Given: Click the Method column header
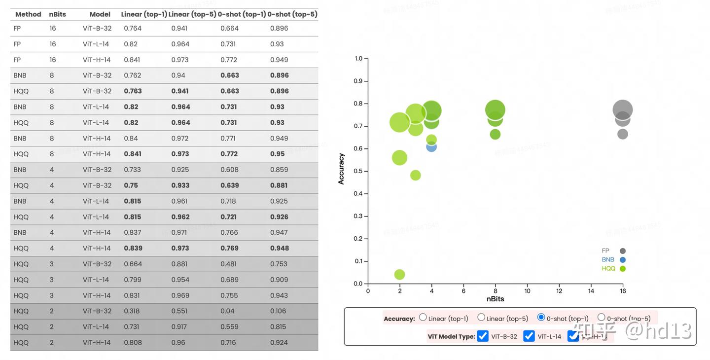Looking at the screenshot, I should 28,14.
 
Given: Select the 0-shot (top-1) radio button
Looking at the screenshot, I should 541,318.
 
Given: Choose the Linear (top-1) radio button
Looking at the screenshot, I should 423,318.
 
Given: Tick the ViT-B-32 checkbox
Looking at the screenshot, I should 483,336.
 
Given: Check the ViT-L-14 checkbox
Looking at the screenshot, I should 529,336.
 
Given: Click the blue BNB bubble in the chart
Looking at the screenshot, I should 431,146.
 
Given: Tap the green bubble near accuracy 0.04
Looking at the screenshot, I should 400,274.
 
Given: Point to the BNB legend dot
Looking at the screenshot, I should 623,260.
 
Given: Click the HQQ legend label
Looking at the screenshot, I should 608,269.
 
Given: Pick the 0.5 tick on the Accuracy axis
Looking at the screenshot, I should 358,171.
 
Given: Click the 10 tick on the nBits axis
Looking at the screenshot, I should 527,291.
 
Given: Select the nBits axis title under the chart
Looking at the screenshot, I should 495,299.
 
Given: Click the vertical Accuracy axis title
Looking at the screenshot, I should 341,169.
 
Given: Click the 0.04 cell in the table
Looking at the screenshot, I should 227,311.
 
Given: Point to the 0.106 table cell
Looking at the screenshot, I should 279,311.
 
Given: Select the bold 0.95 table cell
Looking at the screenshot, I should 277,154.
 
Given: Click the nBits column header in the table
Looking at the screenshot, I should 58,14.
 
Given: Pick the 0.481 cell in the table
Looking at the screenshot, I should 229,264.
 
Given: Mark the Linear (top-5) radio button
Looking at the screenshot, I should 481,318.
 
